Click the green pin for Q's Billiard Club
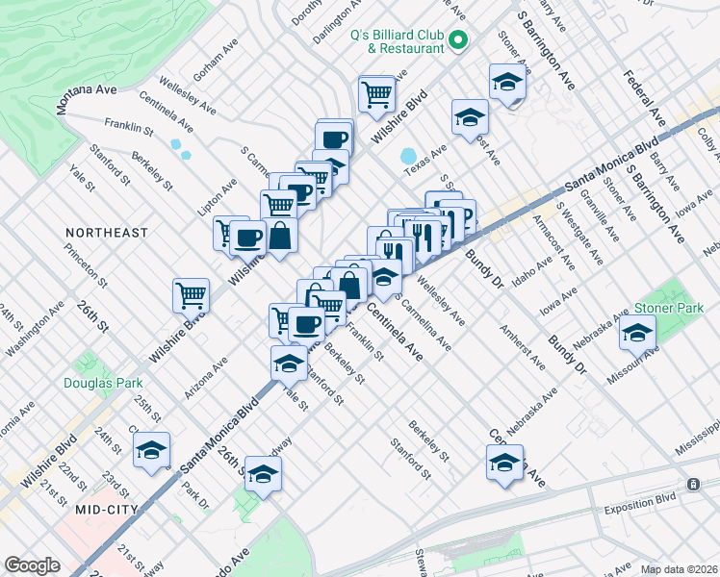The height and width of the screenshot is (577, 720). (x=458, y=41)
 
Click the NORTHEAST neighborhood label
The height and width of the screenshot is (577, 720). (x=107, y=233)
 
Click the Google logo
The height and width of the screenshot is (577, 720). (x=32, y=565)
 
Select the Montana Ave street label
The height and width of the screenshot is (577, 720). (x=87, y=98)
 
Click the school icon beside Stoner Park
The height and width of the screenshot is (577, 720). (x=637, y=333)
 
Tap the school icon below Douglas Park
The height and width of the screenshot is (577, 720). (x=151, y=451)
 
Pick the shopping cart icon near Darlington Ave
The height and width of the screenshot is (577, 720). (x=376, y=92)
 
